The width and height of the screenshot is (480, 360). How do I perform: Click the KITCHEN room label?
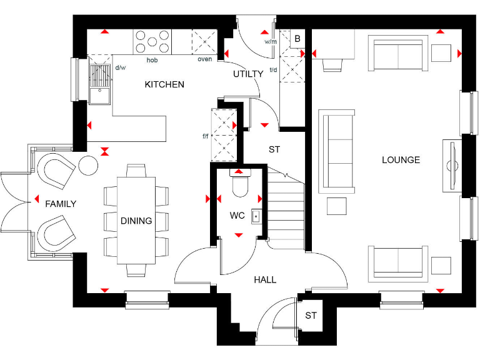click(164, 84)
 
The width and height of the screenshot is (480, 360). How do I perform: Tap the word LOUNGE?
click(401, 160)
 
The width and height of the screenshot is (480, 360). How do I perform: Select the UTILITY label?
click(248, 74)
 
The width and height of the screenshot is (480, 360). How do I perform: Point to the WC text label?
click(237, 216)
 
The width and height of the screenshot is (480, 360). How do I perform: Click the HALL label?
click(265, 279)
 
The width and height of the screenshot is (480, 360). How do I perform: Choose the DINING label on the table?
click(136, 221)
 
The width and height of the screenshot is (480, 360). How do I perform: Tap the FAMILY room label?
click(61, 204)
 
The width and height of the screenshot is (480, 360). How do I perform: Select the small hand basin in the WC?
click(256, 216)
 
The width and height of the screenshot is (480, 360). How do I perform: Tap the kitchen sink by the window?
click(99, 86)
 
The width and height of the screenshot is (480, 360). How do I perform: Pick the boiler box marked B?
click(297, 39)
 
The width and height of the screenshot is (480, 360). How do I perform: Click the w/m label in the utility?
click(271, 42)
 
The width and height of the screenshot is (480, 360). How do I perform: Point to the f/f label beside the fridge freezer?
click(205, 136)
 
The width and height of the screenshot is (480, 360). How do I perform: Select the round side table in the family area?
click(88, 166)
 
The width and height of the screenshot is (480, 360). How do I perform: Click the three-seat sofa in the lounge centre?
click(336, 151)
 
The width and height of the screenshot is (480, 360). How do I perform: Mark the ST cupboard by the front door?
click(311, 316)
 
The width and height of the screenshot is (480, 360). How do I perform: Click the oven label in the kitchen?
click(204, 59)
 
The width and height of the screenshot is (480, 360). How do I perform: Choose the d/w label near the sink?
click(119, 67)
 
